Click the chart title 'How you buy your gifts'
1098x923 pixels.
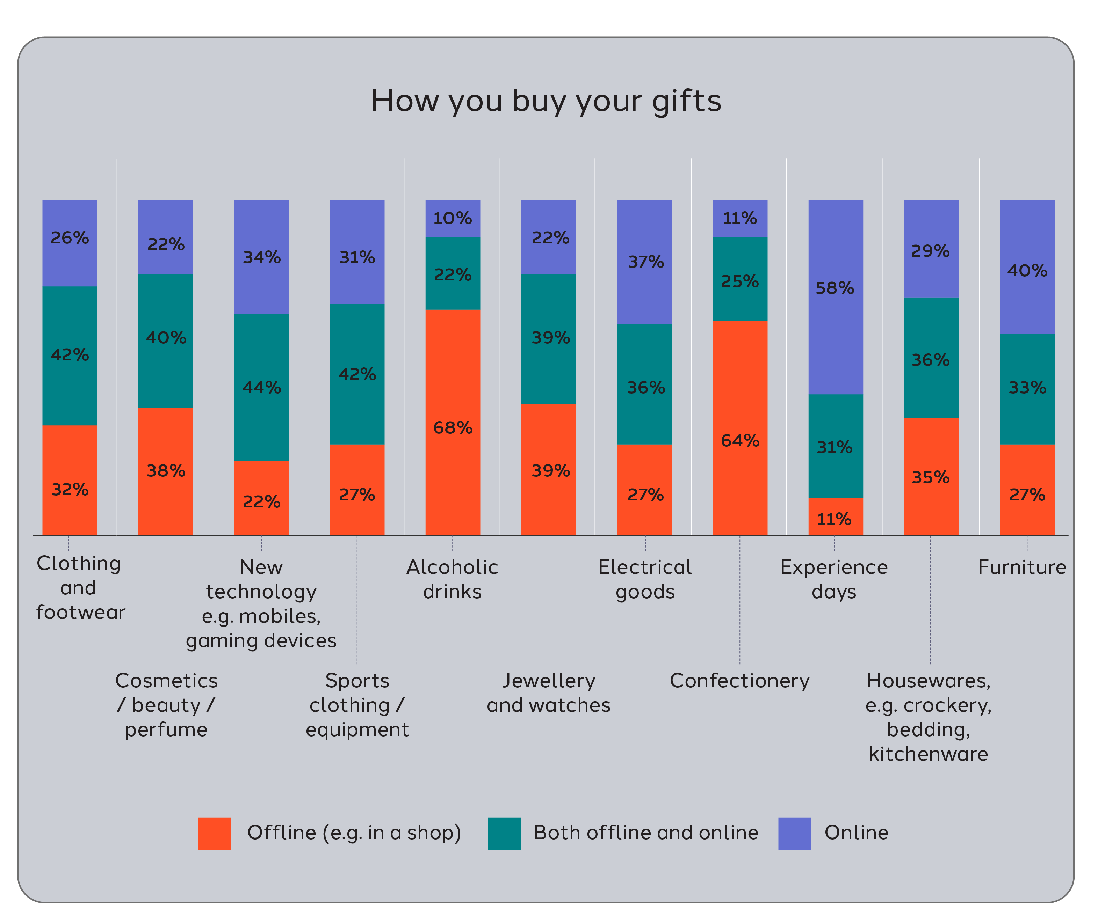[x=546, y=101]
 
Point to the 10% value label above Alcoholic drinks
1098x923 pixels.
[x=453, y=218]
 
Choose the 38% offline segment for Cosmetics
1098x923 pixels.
[x=165, y=471]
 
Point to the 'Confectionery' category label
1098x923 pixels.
[x=739, y=681]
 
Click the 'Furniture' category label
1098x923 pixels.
[x=1021, y=567]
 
